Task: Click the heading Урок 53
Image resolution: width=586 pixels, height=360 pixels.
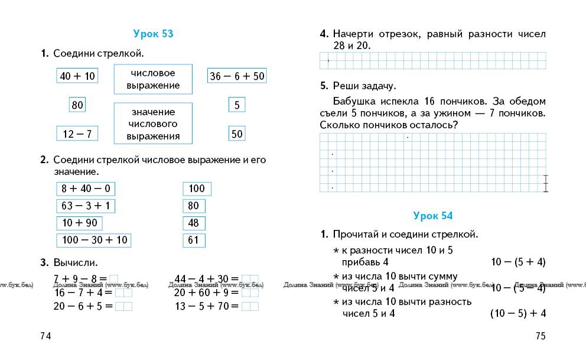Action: point(153,34)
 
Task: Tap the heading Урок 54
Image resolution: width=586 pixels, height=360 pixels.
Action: point(433,216)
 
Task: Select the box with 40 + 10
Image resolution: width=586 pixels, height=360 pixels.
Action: point(77,76)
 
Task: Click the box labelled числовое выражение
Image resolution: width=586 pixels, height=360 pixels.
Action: point(153,79)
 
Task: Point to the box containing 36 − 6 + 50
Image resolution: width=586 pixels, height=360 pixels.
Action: point(237,76)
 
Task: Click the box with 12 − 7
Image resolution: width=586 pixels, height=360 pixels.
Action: point(77,134)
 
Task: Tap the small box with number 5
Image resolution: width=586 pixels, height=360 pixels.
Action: point(237,105)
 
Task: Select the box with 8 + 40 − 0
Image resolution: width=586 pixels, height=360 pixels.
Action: point(86,189)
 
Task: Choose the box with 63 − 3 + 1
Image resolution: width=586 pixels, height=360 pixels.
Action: point(86,206)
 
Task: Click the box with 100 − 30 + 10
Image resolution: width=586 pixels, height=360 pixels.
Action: point(94,240)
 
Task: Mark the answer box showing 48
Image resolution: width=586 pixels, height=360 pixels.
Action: point(194,223)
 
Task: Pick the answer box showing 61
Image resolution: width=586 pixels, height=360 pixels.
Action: point(194,240)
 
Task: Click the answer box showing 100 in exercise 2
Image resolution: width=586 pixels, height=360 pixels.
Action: point(197,189)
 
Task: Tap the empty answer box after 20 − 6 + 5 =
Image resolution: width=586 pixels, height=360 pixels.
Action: point(123,306)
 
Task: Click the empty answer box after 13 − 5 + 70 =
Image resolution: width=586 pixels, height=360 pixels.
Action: point(250,306)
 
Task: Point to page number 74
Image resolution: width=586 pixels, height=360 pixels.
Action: point(45,336)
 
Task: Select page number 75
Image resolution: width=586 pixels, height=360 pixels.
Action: point(541,336)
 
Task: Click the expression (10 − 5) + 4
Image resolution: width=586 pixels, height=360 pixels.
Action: point(517,313)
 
